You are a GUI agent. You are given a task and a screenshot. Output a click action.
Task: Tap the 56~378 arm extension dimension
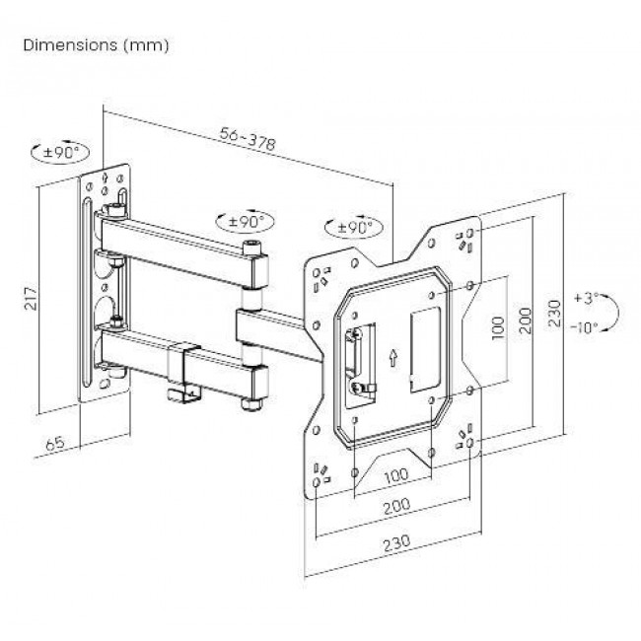(x=246, y=142)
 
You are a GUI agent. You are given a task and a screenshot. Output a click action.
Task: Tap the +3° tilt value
(x=589, y=297)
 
